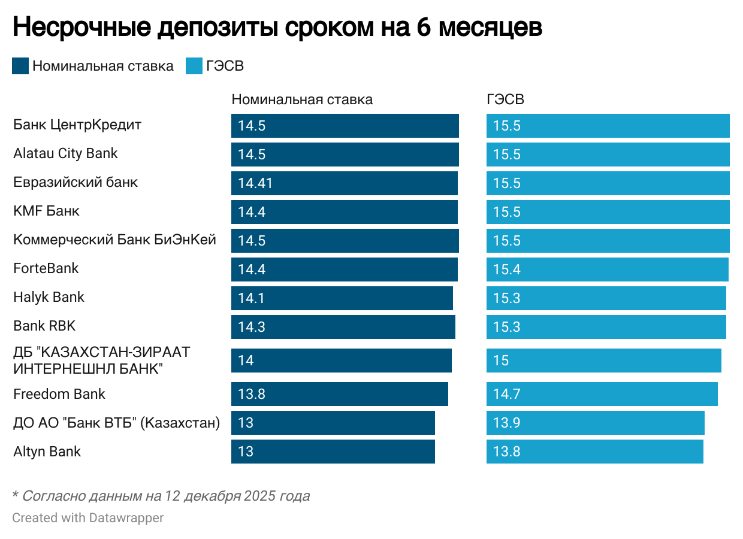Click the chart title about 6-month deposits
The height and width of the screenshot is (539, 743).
277,28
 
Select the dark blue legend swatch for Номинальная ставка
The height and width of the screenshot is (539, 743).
20,66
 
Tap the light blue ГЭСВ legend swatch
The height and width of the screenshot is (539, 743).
194,66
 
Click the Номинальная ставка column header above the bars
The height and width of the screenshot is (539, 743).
302,99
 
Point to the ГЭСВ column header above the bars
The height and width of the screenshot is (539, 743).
505,99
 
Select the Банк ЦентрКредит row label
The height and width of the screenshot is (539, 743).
77,125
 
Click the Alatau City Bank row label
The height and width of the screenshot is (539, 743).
65,153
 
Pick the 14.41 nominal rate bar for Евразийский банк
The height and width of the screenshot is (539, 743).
344,183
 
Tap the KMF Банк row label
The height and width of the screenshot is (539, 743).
46,211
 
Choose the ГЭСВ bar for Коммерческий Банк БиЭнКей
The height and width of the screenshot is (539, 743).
608,241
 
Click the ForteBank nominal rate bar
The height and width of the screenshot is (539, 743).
344,269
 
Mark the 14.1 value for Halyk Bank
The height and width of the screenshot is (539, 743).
251,298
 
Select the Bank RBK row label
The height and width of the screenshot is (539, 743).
44,326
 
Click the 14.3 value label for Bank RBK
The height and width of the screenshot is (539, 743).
251,327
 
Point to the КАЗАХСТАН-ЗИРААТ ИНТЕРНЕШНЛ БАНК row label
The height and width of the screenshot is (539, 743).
101,360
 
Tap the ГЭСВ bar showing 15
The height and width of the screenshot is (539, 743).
603,361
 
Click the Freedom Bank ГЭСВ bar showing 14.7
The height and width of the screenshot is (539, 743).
602,394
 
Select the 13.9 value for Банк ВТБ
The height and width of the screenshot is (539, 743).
506,423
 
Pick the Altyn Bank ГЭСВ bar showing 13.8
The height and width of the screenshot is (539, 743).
594,452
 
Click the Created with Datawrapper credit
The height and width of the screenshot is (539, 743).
87,517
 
